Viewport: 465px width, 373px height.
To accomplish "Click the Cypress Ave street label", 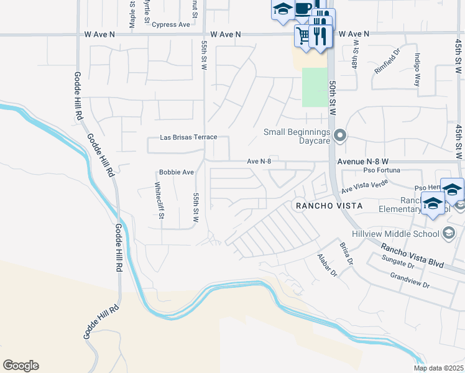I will click(x=171, y=25).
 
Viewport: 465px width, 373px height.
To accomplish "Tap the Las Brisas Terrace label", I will click(x=188, y=137).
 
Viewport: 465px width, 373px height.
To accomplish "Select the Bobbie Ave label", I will click(x=177, y=172).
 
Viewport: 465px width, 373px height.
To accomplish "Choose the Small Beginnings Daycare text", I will click(x=296, y=136).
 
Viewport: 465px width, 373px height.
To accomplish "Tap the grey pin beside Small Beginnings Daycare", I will click(x=339, y=135).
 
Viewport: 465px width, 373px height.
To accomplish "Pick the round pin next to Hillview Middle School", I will click(x=448, y=233).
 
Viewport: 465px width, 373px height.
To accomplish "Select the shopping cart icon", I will click(x=303, y=35).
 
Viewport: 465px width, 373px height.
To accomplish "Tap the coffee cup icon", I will click(x=303, y=9).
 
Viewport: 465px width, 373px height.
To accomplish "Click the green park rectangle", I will click(x=314, y=87).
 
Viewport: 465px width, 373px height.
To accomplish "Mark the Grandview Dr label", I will click(x=409, y=280).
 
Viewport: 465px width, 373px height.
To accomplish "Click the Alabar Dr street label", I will click(x=326, y=265).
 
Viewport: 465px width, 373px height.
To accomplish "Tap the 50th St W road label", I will click(x=333, y=93).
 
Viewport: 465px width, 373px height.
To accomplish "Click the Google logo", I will click(x=21, y=366).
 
